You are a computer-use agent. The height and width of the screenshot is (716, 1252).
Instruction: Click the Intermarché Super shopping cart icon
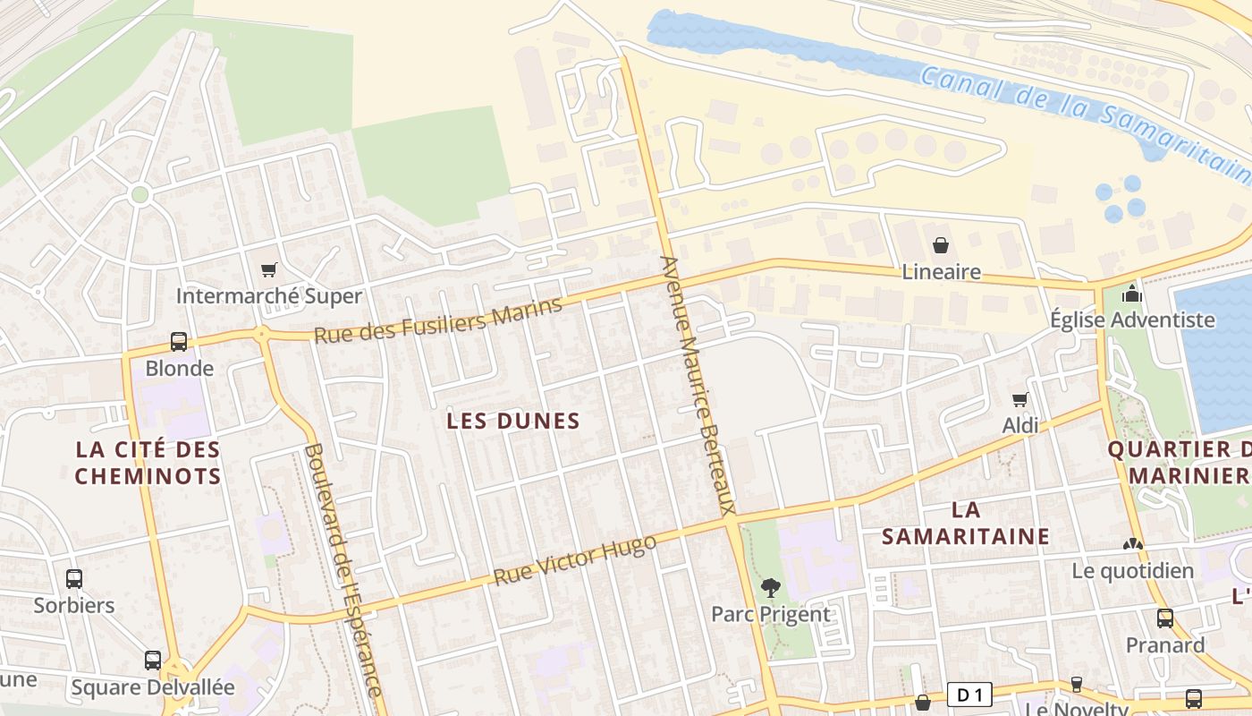pos(268,269)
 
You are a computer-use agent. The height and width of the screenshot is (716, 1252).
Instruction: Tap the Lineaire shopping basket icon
pos(941,245)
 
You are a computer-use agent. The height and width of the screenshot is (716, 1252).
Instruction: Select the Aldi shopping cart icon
pos(1019,399)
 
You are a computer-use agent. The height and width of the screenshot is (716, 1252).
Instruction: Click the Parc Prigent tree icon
pos(770,588)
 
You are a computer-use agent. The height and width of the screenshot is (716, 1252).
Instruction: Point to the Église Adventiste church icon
pos(1132,294)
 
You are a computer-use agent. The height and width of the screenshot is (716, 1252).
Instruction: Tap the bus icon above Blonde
pos(179,342)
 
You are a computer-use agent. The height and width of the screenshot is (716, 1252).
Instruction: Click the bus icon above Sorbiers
pos(74,579)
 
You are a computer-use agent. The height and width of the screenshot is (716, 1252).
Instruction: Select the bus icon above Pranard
pos(1165,618)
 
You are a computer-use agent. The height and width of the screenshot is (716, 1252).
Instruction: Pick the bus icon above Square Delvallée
pos(153,661)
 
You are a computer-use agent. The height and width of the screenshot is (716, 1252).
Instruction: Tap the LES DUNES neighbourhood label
pos(513,421)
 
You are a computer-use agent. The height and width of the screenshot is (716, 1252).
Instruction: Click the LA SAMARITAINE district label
pos(965,523)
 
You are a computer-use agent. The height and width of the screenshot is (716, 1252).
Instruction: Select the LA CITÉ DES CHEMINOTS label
pos(148,463)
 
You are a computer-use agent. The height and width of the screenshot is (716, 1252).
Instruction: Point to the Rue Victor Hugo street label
pos(574,560)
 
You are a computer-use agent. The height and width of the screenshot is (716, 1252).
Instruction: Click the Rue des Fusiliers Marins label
pos(438,320)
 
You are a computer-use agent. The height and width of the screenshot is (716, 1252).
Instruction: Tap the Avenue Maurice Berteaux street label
pos(698,385)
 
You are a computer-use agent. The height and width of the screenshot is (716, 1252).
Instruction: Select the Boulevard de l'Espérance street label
pos(343,569)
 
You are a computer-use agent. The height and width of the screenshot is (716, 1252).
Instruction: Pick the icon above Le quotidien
pos(1133,544)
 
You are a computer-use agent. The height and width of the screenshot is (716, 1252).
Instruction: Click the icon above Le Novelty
pos(1077,685)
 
